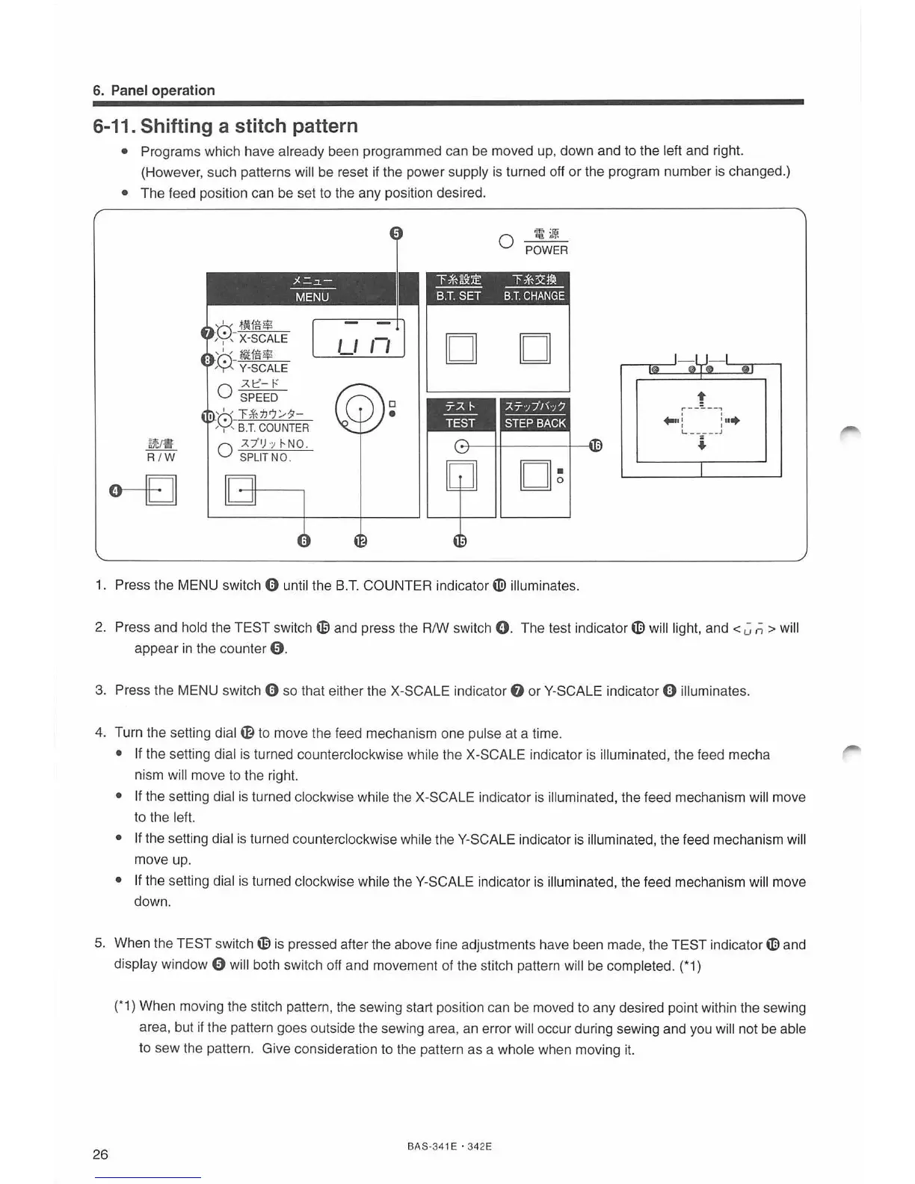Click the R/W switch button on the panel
[x=161, y=490]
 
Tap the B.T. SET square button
[x=460, y=348]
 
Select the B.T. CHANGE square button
[x=534, y=348]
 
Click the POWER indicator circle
[x=506, y=241]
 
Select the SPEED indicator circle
[x=224, y=391]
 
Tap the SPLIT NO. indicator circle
[x=224, y=450]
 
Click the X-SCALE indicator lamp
[x=224, y=332]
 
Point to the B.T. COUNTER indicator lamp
[x=224, y=419]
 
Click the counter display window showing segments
[x=359, y=339]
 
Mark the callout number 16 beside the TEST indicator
[x=595, y=446]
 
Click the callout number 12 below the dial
[x=360, y=541]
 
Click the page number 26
[x=100, y=1154]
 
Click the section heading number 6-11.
[x=112, y=126]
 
